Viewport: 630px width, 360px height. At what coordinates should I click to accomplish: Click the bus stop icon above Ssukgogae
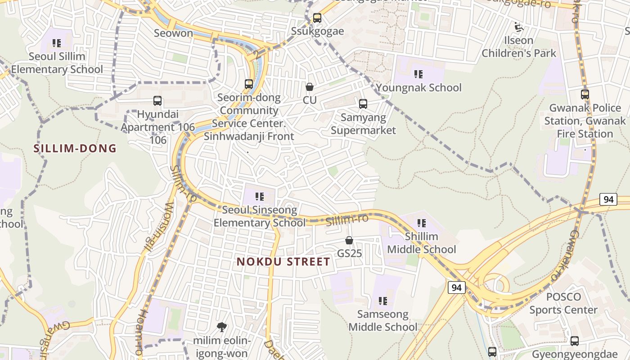(317, 18)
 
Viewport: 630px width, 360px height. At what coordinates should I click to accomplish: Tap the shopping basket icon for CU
(310, 87)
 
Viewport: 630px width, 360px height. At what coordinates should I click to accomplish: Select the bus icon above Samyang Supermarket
(363, 104)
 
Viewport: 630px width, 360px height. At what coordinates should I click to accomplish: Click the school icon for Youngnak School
(418, 74)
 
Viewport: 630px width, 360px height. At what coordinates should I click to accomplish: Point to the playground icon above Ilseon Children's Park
(519, 27)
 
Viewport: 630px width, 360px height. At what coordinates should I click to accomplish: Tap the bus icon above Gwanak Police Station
(585, 94)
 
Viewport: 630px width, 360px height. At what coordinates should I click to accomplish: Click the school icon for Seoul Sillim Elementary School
(57, 43)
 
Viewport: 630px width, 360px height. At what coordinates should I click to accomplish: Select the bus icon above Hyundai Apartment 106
(157, 101)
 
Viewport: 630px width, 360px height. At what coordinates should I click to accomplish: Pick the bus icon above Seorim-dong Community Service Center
(249, 84)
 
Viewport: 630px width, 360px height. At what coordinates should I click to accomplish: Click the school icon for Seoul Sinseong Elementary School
(260, 197)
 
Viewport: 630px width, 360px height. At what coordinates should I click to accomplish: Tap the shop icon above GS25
(349, 241)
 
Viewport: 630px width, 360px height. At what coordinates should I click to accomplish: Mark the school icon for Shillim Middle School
(422, 223)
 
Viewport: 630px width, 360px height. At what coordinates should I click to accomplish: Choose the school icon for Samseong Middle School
(383, 301)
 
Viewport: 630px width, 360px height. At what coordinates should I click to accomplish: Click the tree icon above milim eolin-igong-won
(221, 327)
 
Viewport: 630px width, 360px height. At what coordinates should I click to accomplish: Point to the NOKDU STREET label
(283, 261)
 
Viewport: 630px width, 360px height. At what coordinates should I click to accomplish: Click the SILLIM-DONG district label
(75, 148)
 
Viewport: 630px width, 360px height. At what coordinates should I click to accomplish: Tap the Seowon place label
(173, 33)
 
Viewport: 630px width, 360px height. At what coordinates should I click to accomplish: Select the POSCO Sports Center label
(563, 303)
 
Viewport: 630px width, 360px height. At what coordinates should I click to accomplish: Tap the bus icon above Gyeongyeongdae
(575, 341)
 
